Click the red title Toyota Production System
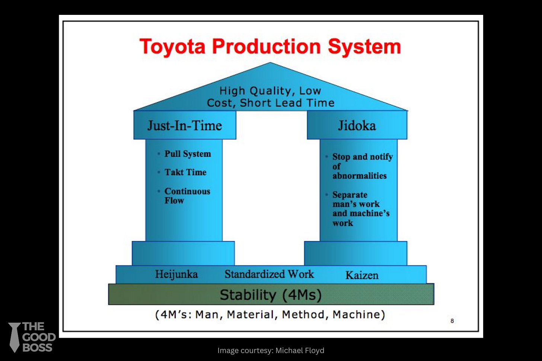tap(270, 47)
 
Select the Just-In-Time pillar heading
tap(185, 126)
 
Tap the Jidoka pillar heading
tap(357, 126)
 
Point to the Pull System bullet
tap(188, 154)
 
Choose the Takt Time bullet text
tap(185, 172)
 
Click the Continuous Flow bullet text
tap(187, 196)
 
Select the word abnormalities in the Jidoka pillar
tap(360, 176)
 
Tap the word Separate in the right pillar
tap(350, 195)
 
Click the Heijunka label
tap(176, 274)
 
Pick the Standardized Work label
tap(269, 274)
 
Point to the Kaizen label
tap(362, 275)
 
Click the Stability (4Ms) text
tap(271, 295)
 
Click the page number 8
tap(452, 321)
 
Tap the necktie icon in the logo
tap(15, 337)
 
